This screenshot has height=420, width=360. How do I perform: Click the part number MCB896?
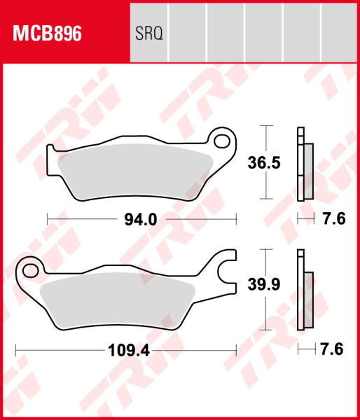tap(45, 33)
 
